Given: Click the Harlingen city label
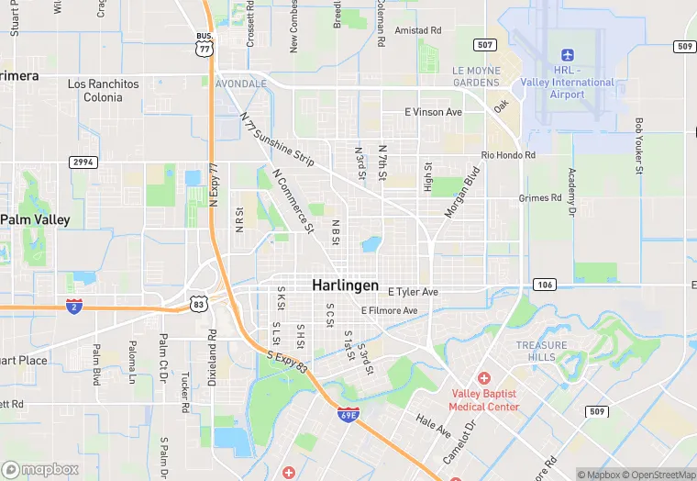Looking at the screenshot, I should tap(345, 285).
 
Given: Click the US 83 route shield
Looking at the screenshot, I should tap(198, 302).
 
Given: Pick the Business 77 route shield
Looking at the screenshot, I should tap(205, 44).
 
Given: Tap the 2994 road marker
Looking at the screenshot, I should tap(83, 162).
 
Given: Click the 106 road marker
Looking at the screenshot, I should tap(544, 285).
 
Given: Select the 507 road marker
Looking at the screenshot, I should tap(484, 44).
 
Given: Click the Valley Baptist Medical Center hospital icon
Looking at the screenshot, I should tap(484, 379).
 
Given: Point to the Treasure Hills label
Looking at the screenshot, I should tap(535, 351).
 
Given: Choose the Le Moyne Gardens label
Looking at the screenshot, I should tap(476, 76).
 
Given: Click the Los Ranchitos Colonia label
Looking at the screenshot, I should tap(104, 90).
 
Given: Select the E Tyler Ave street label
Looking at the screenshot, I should tap(413, 292).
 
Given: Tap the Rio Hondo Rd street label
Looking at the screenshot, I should tap(508, 156).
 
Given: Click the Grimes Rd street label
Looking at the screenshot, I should tap(539, 197).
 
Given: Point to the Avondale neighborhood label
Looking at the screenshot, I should tap(240, 83).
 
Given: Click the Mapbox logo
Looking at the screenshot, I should tap(40, 468).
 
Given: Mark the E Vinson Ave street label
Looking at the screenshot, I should tap(434, 112).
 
